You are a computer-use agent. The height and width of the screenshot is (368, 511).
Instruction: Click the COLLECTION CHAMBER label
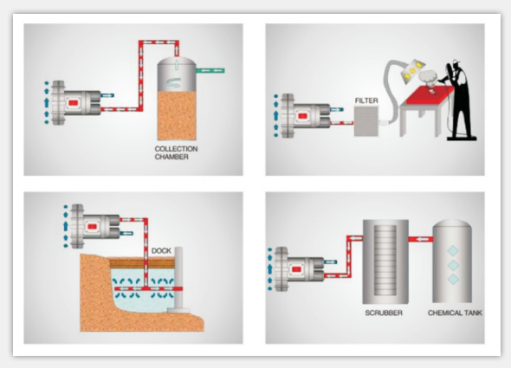176,152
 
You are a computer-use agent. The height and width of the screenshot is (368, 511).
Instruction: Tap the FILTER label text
366,100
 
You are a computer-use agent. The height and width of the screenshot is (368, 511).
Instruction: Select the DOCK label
161,250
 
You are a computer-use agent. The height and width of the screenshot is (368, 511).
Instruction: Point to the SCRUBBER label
384,313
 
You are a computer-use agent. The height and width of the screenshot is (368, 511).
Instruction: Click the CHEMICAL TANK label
455,313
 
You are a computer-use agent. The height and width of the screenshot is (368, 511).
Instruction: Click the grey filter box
366,121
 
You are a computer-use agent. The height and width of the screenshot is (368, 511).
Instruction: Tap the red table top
427,94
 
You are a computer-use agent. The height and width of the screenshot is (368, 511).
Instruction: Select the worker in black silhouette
458,101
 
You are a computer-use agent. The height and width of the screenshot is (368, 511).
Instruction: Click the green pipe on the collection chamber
210,70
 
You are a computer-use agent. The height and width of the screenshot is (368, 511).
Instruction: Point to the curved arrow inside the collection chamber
174,83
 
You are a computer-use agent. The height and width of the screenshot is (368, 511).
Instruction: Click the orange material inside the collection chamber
177,115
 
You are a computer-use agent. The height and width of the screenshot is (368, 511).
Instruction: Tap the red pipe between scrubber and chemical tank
420,239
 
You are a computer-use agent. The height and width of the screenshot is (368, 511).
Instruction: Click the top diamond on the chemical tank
453,250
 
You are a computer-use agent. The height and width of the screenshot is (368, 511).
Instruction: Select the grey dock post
178,279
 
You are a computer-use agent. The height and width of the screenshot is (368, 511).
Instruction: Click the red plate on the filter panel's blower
302,116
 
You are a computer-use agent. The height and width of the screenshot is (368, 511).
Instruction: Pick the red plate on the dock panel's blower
92,226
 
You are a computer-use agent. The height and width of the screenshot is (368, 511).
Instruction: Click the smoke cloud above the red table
428,78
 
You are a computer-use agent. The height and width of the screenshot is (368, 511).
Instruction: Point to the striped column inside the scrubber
385,260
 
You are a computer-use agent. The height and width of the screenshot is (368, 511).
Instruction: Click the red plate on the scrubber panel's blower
296,269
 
